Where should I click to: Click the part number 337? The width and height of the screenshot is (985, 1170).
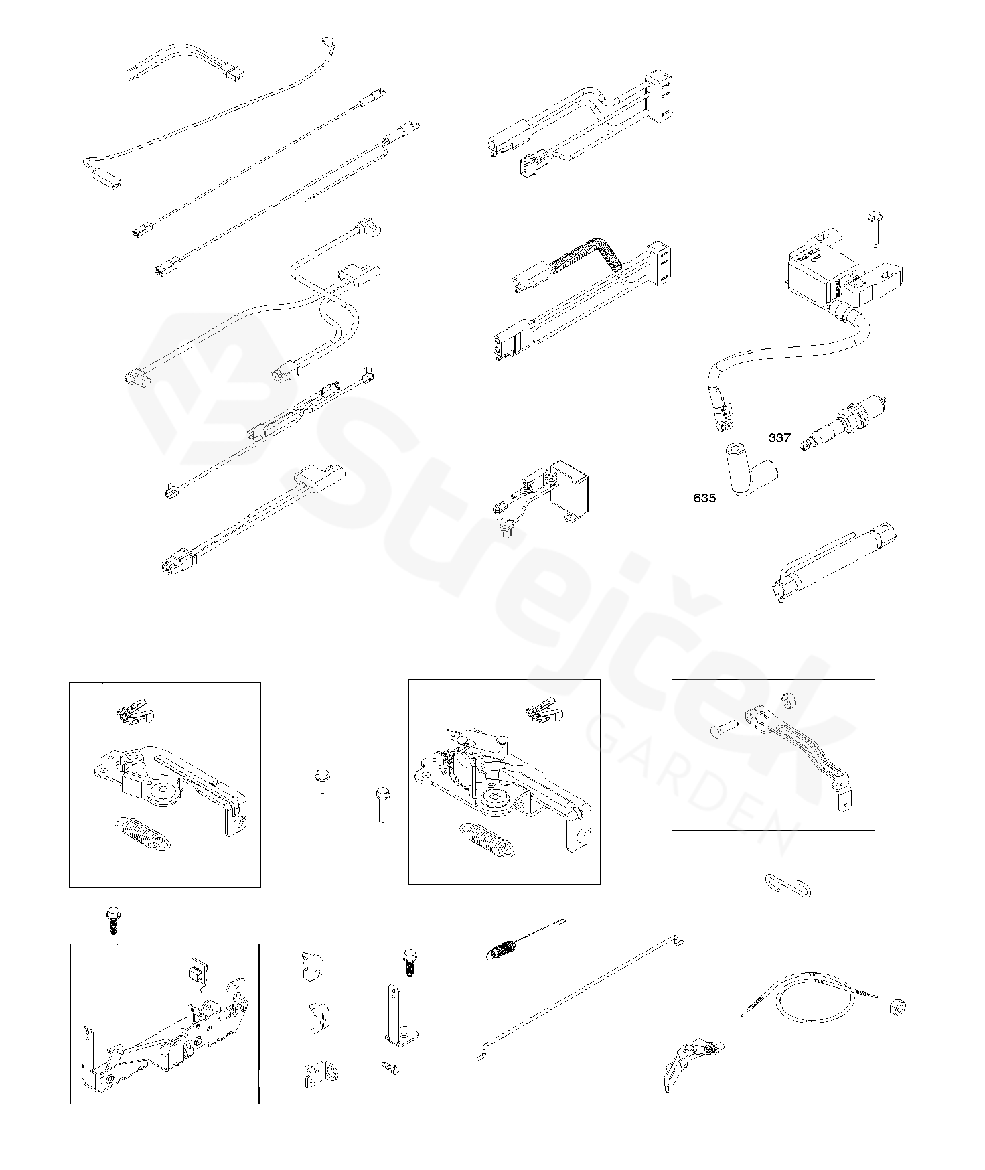coord(779,438)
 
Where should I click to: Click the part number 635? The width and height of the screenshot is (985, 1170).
coord(704,498)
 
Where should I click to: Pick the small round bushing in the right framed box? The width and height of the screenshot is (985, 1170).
coord(788,699)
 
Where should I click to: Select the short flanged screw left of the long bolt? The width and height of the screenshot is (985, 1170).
coord(321,780)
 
